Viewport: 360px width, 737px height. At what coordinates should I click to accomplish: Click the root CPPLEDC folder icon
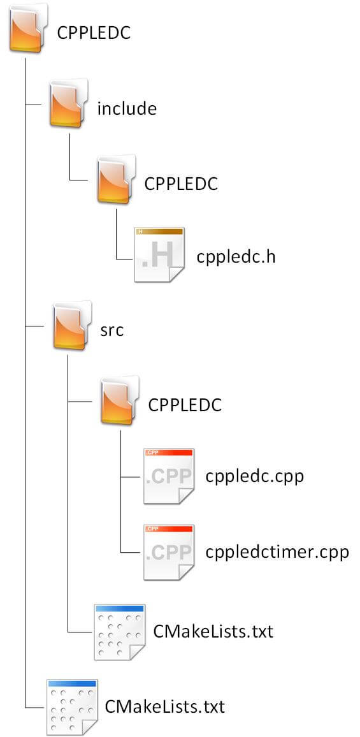pos(28,27)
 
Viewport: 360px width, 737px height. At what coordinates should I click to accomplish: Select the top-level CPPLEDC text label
pos(94,34)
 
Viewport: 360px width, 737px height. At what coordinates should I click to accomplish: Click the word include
pos(126,108)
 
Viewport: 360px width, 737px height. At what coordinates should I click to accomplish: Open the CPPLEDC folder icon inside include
pos(116,179)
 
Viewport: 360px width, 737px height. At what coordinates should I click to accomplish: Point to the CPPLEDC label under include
pos(181,184)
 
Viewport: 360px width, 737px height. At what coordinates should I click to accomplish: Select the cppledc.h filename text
pos(236,257)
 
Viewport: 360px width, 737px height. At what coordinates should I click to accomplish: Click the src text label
pos(112,330)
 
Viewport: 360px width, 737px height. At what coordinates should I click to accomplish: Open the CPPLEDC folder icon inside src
pos(120,400)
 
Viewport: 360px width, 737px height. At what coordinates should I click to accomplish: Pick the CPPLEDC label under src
pos(185,405)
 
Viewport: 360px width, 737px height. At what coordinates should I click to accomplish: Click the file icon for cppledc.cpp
pos(169,476)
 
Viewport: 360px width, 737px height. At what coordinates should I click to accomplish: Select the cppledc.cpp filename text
pos(255,477)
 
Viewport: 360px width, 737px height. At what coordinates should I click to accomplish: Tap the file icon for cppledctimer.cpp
pos(169,552)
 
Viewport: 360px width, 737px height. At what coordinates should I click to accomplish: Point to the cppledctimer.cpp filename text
pos(277,552)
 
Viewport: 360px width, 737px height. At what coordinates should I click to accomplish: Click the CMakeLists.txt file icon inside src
pos(120,632)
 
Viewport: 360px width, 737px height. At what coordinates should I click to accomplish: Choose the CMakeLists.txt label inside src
pos(213,631)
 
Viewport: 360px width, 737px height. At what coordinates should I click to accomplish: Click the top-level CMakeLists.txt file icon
pos(73,707)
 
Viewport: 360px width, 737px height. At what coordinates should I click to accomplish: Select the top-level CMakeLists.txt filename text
pos(165,706)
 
